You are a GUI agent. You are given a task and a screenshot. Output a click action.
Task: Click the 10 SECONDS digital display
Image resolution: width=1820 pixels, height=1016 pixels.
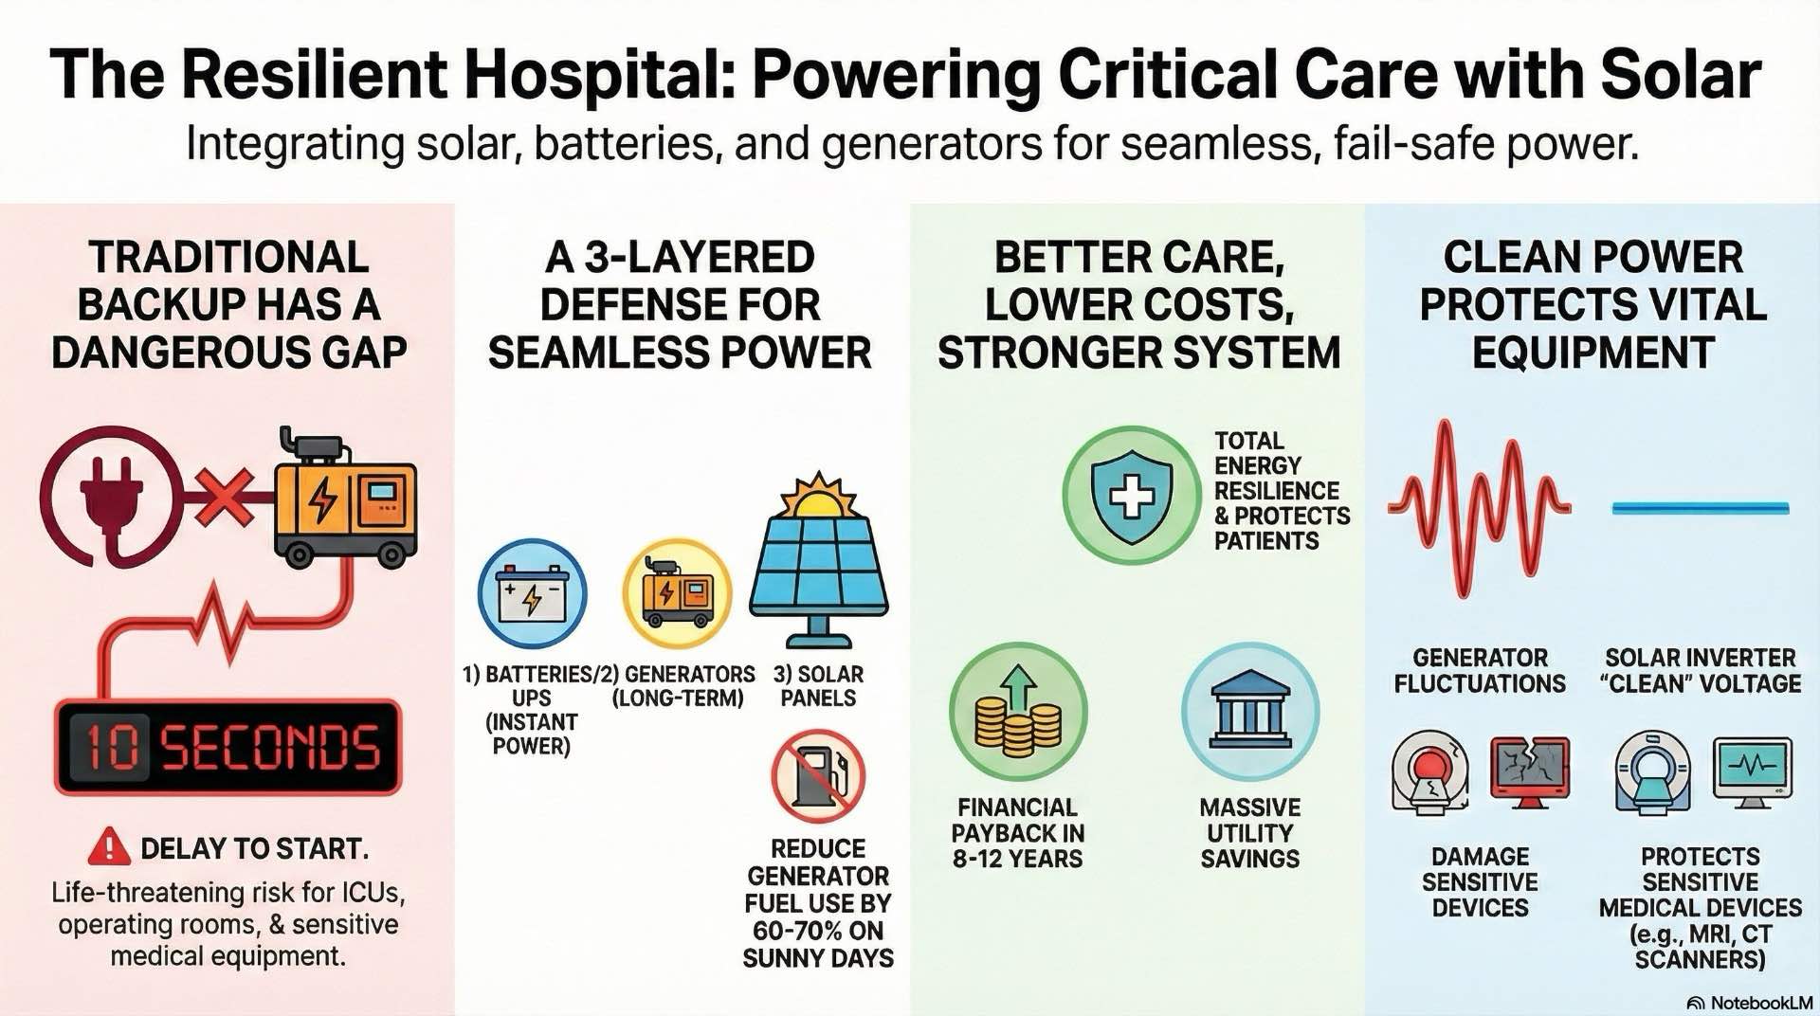click(228, 747)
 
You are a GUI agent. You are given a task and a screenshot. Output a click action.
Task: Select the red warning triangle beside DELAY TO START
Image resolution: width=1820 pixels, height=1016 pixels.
click(109, 846)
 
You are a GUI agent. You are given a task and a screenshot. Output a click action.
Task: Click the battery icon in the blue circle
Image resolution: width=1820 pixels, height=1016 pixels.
click(532, 593)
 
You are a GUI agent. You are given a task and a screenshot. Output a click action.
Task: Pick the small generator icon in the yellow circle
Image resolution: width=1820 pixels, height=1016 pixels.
click(677, 593)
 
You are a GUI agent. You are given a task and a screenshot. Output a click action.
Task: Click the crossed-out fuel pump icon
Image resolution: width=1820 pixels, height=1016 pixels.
click(817, 775)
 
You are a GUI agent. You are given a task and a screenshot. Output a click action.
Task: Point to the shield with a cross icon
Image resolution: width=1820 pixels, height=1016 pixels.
click(1131, 495)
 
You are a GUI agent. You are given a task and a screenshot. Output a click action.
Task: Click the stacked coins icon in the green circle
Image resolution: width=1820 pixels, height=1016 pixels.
click(1018, 713)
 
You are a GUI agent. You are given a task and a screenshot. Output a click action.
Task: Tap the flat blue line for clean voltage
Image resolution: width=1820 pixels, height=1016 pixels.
click(1700, 509)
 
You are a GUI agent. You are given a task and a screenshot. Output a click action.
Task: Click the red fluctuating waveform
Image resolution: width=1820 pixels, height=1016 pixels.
click(1478, 509)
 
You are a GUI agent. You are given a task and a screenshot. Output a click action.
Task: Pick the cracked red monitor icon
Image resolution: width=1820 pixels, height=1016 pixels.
click(1529, 771)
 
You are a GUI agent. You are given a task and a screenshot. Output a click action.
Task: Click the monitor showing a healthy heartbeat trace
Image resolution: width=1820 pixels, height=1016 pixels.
click(1752, 770)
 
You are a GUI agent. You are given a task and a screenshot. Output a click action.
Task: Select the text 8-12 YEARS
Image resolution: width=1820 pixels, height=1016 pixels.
click(1017, 860)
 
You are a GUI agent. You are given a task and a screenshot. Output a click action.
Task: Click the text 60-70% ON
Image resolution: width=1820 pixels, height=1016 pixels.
click(817, 931)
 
